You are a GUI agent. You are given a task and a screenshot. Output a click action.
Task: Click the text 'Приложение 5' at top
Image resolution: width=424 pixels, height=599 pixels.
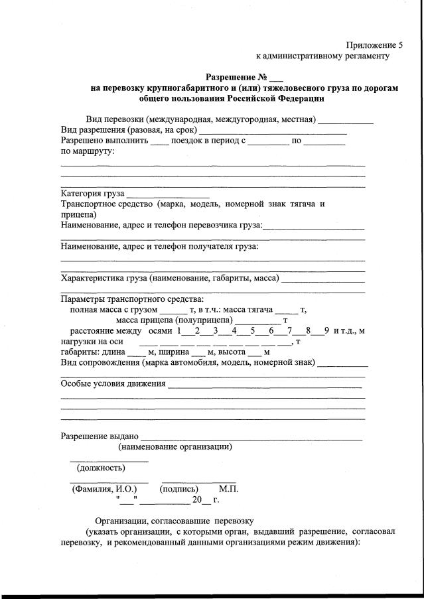click(x=374, y=45)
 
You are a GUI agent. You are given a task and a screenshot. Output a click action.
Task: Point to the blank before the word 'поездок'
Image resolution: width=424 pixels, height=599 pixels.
click(x=160, y=143)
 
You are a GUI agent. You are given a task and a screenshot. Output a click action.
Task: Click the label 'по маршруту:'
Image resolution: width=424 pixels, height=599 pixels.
click(x=88, y=151)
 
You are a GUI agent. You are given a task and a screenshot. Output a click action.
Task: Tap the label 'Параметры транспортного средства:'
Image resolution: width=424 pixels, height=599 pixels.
click(x=133, y=299)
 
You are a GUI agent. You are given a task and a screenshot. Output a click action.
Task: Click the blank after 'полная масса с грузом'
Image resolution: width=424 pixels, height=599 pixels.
click(x=175, y=310)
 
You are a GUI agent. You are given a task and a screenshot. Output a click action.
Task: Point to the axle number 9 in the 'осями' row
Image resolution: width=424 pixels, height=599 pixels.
click(x=327, y=331)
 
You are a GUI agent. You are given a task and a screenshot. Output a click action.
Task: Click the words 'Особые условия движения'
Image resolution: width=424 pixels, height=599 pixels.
click(x=113, y=383)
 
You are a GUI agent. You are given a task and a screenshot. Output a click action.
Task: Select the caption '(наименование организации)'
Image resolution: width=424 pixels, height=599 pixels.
click(x=175, y=447)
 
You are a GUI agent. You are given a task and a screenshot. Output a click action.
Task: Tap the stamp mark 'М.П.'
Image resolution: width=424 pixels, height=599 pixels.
click(x=228, y=490)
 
